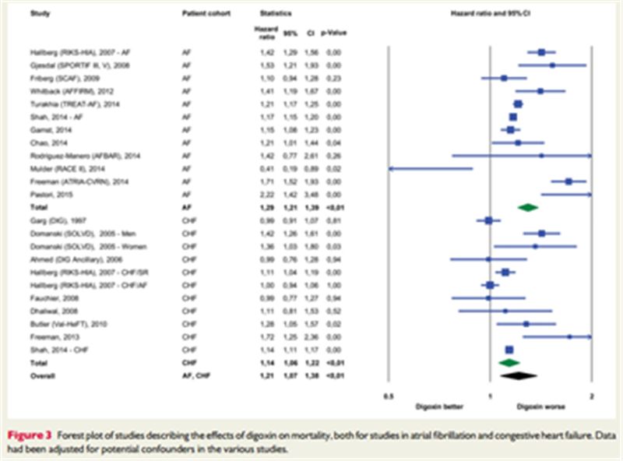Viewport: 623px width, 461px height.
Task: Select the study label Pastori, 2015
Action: tap(37, 193)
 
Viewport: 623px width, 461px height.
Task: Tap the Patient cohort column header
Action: tap(202, 14)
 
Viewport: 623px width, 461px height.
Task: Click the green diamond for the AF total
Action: tap(528, 207)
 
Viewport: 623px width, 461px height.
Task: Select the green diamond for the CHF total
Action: tap(508, 363)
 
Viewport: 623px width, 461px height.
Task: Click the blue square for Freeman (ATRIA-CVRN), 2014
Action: tap(568, 181)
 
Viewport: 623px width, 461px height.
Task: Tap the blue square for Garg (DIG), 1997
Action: tap(488, 220)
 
